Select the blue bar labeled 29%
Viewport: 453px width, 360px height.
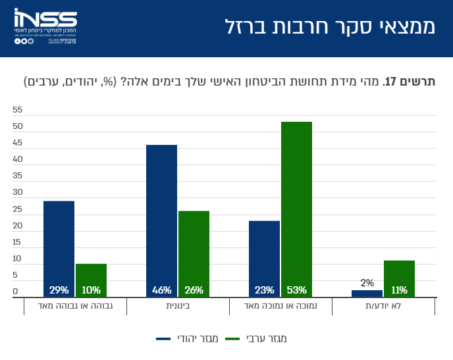[x=59, y=249]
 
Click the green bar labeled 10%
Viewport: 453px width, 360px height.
[x=91, y=280]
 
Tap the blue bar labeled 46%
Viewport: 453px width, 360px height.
[x=161, y=220]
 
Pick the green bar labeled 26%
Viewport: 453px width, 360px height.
[x=194, y=254]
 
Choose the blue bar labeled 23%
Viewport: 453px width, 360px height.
[x=264, y=259]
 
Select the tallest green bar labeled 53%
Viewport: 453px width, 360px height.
[x=296, y=209]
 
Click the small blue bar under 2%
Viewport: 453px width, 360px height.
[x=371, y=294]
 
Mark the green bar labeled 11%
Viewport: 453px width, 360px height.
[x=399, y=278]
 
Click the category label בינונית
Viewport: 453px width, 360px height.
[x=178, y=307]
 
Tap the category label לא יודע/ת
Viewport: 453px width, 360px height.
[x=383, y=307]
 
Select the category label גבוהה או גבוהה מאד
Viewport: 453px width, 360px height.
[x=75, y=307]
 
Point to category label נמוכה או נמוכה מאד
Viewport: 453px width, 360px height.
[x=280, y=307]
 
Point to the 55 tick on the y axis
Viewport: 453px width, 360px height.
[x=18, y=110]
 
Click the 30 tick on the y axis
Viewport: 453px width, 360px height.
[x=18, y=193]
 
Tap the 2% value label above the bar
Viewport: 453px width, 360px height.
[x=367, y=284]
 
